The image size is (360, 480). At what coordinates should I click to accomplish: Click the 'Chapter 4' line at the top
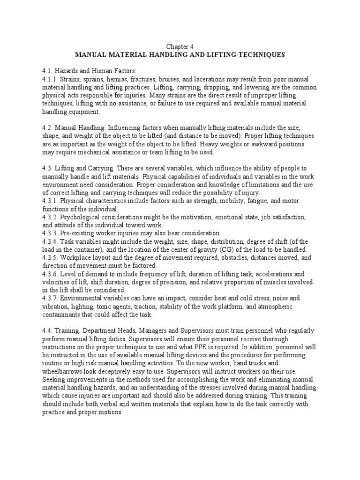[180, 47]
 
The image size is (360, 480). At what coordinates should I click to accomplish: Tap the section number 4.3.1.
[50, 201]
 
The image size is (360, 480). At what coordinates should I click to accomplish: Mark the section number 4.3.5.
[50, 257]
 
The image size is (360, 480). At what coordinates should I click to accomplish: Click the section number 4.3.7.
[50, 298]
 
